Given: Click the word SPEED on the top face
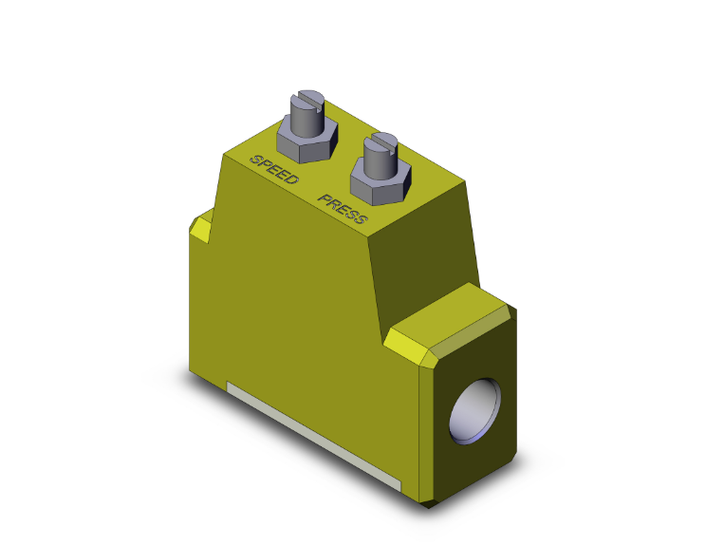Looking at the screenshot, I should (275, 167).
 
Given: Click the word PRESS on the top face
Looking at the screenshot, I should (343, 213).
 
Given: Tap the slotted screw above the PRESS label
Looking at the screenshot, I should (380, 157).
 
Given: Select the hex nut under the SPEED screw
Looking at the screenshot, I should (306, 141).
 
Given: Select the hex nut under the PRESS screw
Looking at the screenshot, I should (379, 181).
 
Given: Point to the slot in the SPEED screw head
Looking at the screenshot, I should (308, 96).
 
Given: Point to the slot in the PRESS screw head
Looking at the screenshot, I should (381, 141).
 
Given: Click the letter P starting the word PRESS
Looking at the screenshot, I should (324, 200).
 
